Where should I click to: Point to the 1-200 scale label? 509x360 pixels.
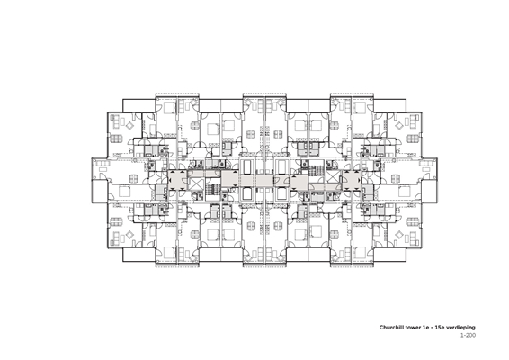pyautogui.click(x=469, y=335)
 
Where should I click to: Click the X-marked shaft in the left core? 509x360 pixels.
pyautogui.click(x=196, y=184)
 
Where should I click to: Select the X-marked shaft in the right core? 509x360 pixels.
pyautogui.click(x=333, y=176)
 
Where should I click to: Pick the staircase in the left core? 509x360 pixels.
pyautogui.click(x=212, y=192)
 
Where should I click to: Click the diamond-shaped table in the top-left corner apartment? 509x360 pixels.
pyautogui.click(x=130, y=125)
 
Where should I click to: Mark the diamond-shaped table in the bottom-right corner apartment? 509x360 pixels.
pyautogui.click(x=399, y=235)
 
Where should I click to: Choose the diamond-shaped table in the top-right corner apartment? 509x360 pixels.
pyautogui.click(x=399, y=125)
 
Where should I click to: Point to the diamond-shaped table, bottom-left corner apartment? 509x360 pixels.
pyautogui.click(x=130, y=235)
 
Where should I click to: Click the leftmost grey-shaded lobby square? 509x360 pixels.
pyautogui.click(x=177, y=180)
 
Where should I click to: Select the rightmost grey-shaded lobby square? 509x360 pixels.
pyautogui.click(x=352, y=180)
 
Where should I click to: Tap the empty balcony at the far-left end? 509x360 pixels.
pyautogui.click(x=99, y=191)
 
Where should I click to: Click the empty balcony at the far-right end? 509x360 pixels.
pyautogui.click(x=430, y=169)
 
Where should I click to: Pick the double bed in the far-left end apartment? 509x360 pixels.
pyautogui.click(x=124, y=192)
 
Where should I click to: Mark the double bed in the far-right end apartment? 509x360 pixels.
pyautogui.click(x=404, y=192)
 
